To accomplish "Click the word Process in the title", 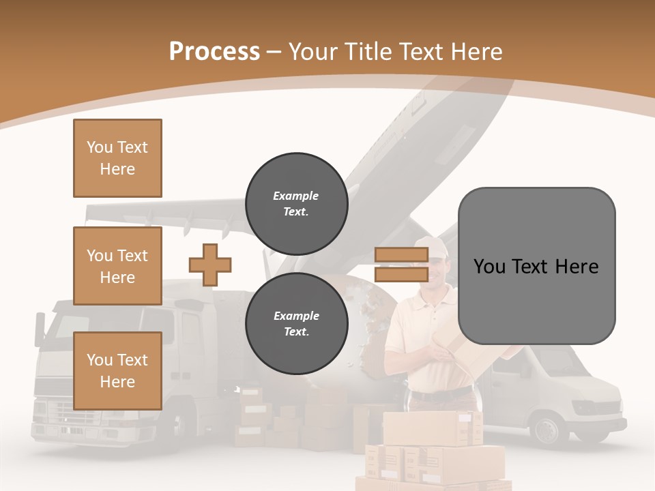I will tap(214, 52).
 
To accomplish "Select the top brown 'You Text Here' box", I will tap(117, 158).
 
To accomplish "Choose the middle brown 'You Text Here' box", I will tap(117, 266).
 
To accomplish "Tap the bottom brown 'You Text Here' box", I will tap(117, 371).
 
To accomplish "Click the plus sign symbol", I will tap(210, 265).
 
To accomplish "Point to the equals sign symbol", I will tap(401, 265).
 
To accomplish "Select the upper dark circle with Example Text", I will tap(296, 204).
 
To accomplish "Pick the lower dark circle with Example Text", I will tap(296, 324).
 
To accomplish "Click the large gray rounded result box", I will tap(536, 266).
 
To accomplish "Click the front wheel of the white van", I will tap(547, 430).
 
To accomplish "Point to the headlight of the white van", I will tap(588, 408).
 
